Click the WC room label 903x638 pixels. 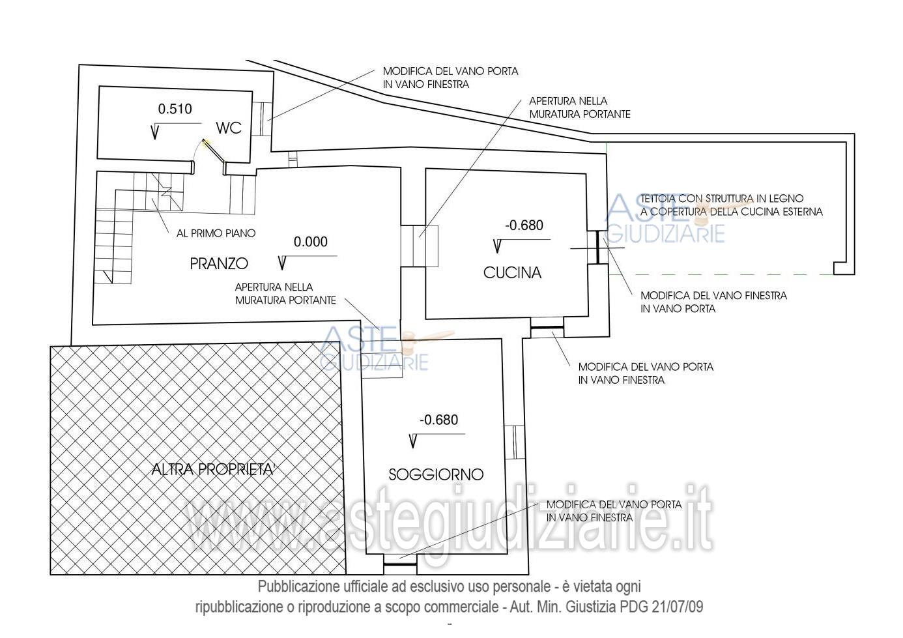229,128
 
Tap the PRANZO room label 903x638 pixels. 219,263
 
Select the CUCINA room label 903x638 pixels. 512,272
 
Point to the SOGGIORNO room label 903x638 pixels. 436,474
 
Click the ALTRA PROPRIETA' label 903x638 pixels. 212,469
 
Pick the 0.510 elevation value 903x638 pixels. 175,109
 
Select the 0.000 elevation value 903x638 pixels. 311,242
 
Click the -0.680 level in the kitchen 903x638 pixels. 524,225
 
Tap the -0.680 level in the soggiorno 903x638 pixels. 439,420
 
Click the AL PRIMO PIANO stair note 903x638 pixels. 216,233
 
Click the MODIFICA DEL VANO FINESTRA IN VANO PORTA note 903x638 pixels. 713,302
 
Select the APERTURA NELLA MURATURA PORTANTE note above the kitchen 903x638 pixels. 579,108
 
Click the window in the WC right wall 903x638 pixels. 261,119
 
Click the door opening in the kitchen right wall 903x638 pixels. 598,248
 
